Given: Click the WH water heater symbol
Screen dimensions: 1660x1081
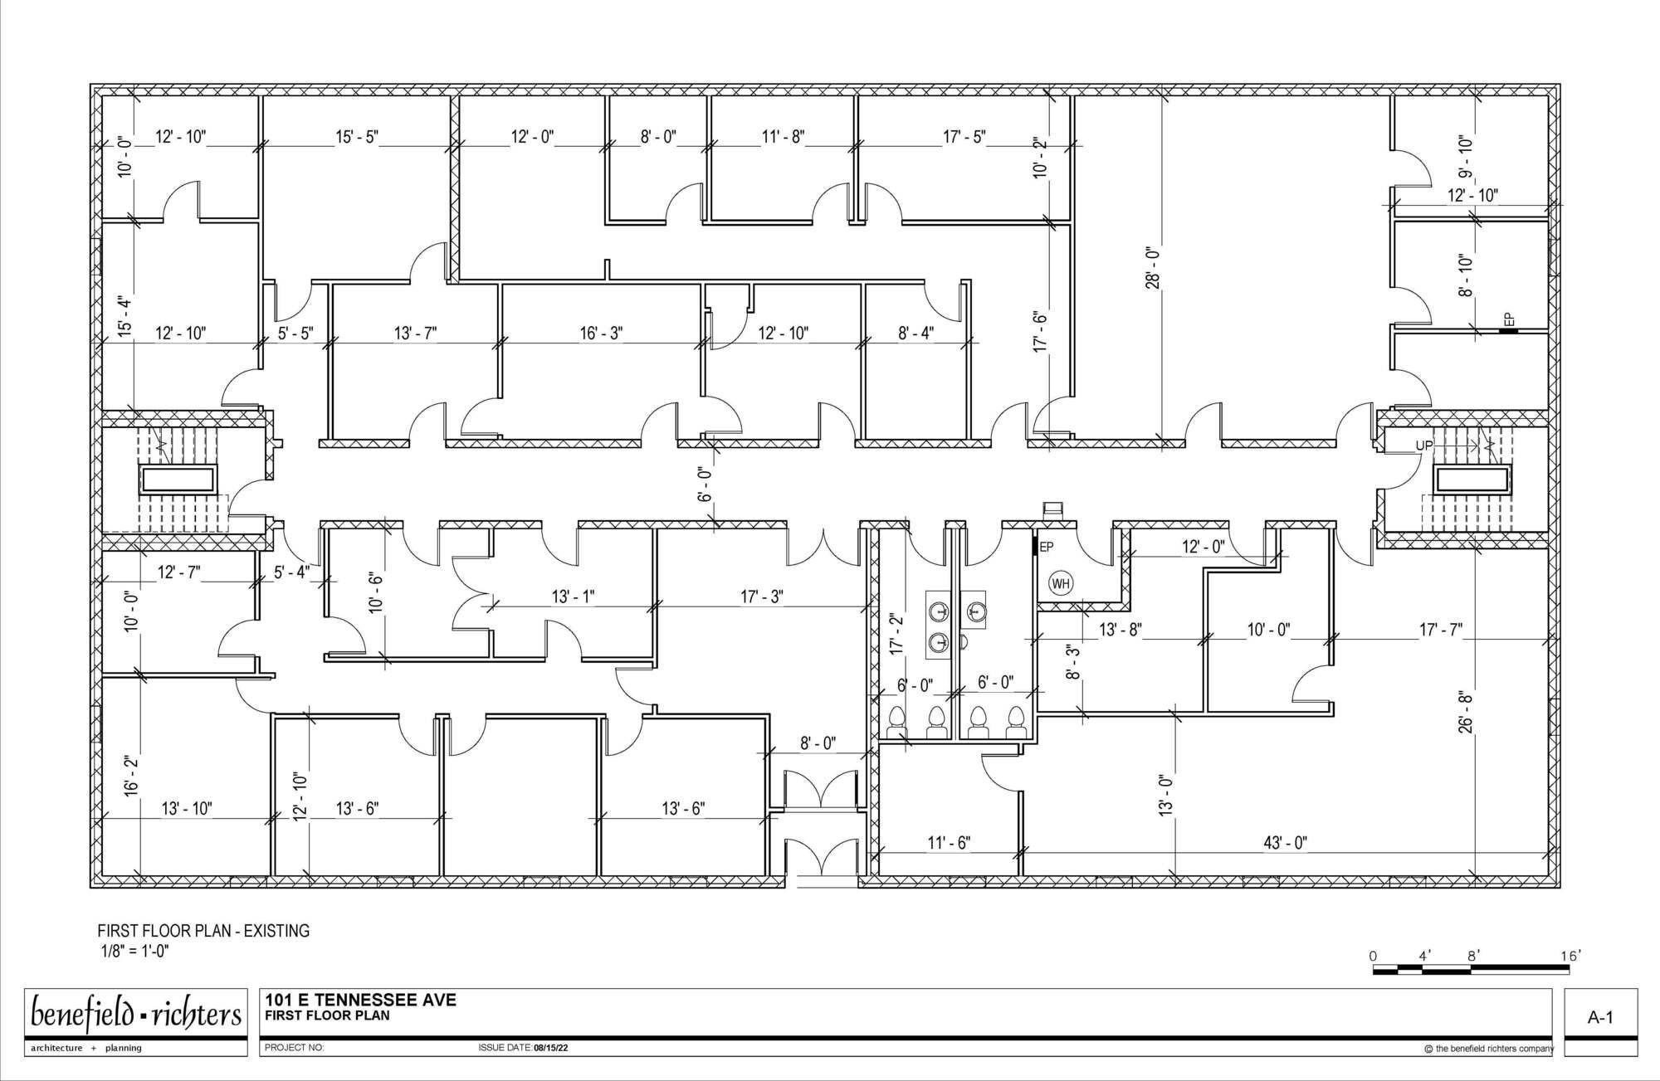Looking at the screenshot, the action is (1061, 583).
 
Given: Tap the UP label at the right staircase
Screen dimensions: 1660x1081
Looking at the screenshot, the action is (1424, 446).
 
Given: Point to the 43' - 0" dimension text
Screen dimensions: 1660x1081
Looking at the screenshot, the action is (1285, 843).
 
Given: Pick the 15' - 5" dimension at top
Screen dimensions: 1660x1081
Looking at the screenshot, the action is (357, 137).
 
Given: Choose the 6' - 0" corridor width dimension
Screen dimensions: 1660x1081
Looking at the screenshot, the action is (705, 484).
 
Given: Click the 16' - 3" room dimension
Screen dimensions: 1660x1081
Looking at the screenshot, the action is (601, 333).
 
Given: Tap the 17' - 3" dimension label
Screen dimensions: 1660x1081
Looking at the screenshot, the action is (762, 596).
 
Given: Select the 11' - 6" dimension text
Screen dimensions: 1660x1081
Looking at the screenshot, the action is (949, 843).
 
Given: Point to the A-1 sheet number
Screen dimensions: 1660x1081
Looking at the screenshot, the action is (1600, 1018).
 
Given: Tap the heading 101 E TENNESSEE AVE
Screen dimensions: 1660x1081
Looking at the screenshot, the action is (361, 1000).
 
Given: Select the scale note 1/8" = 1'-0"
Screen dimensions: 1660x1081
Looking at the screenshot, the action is (135, 951).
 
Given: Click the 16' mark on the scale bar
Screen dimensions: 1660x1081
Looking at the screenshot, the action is (1570, 957).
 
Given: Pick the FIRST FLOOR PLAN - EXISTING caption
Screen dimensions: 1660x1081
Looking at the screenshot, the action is (204, 931).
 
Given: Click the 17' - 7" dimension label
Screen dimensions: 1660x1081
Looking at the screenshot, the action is (1440, 630).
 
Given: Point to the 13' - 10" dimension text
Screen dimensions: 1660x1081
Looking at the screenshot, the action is (187, 808).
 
